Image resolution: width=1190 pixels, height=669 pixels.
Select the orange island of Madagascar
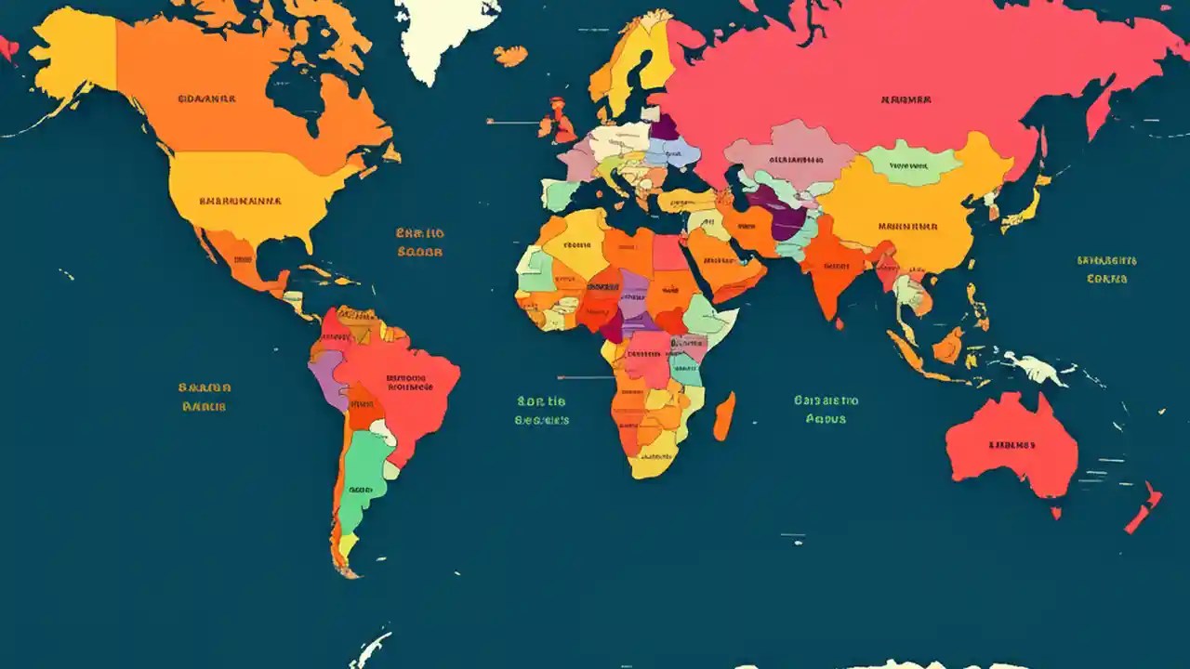pyautogui.click(x=724, y=416)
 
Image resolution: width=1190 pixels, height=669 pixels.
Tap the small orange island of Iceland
pyautogui.click(x=509, y=57)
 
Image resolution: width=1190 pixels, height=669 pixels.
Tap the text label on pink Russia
pyautogui.click(x=906, y=99)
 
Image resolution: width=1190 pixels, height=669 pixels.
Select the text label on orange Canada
pyautogui.click(x=205, y=97)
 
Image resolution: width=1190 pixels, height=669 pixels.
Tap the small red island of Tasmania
pyautogui.click(x=1056, y=512)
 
